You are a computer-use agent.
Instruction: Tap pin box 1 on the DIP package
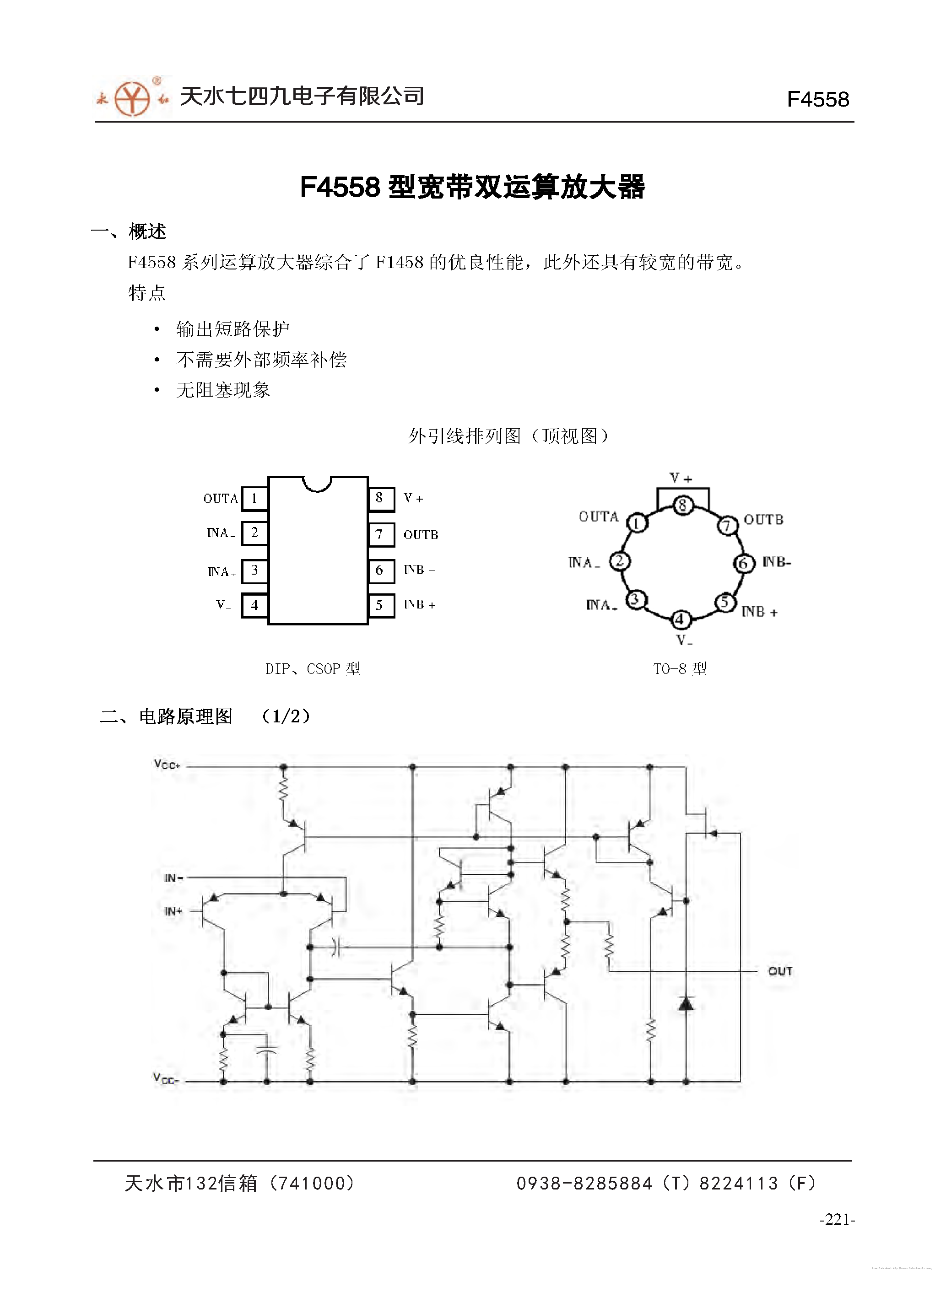click(x=254, y=499)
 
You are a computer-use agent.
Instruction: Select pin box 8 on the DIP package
click(x=380, y=499)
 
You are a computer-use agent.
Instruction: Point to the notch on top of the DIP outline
click(x=317, y=484)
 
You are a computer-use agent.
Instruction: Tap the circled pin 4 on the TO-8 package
click(x=680, y=619)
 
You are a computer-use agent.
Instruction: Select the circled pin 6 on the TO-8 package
click(x=743, y=563)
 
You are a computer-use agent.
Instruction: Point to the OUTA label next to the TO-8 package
click(x=599, y=517)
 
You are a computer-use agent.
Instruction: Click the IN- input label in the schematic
click(x=173, y=878)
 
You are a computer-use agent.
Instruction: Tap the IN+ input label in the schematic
click(x=173, y=911)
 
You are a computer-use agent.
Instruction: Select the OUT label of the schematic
click(x=780, y=971)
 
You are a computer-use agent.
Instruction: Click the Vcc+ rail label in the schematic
click(x=167, y=764)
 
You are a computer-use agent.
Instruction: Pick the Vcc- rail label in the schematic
click(x=166, y=1079)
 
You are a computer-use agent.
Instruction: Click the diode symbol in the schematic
click(x=686, y=1003)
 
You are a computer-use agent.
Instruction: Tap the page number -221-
click(x=837, y=1219)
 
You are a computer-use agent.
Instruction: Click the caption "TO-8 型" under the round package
click(x=680, y=668)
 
